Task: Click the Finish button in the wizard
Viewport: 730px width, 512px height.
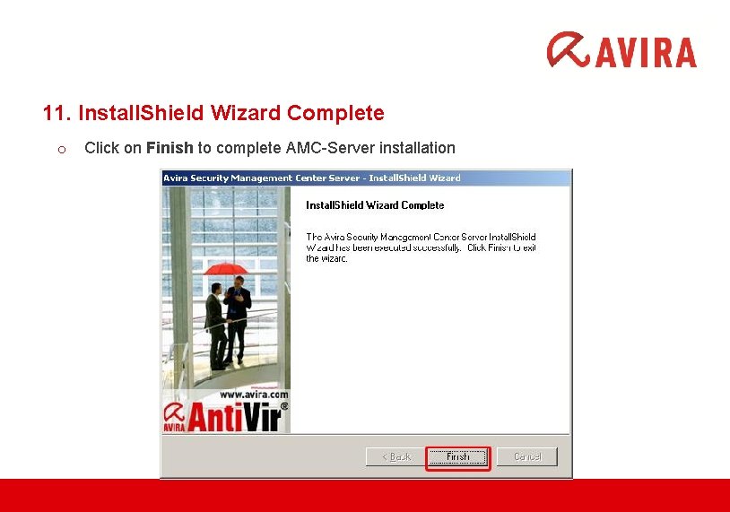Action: point(457,456)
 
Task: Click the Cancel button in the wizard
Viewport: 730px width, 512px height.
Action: point(527,456)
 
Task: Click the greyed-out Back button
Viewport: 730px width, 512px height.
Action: point(395,456)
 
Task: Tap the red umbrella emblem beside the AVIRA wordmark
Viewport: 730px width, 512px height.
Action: point(569,50)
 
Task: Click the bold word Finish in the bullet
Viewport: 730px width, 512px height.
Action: point(169,148)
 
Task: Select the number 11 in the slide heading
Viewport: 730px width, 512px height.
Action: point(54,114)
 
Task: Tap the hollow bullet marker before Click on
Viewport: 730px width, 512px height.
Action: point(61,149)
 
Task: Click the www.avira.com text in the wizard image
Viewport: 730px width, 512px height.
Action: point(254,394)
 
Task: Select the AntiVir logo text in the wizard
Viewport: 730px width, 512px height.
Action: point(235,417)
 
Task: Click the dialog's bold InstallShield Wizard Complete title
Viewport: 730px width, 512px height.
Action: point(375,205)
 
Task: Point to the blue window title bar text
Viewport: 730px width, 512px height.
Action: point(311,178)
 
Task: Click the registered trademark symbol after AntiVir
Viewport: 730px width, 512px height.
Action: point(285,406)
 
